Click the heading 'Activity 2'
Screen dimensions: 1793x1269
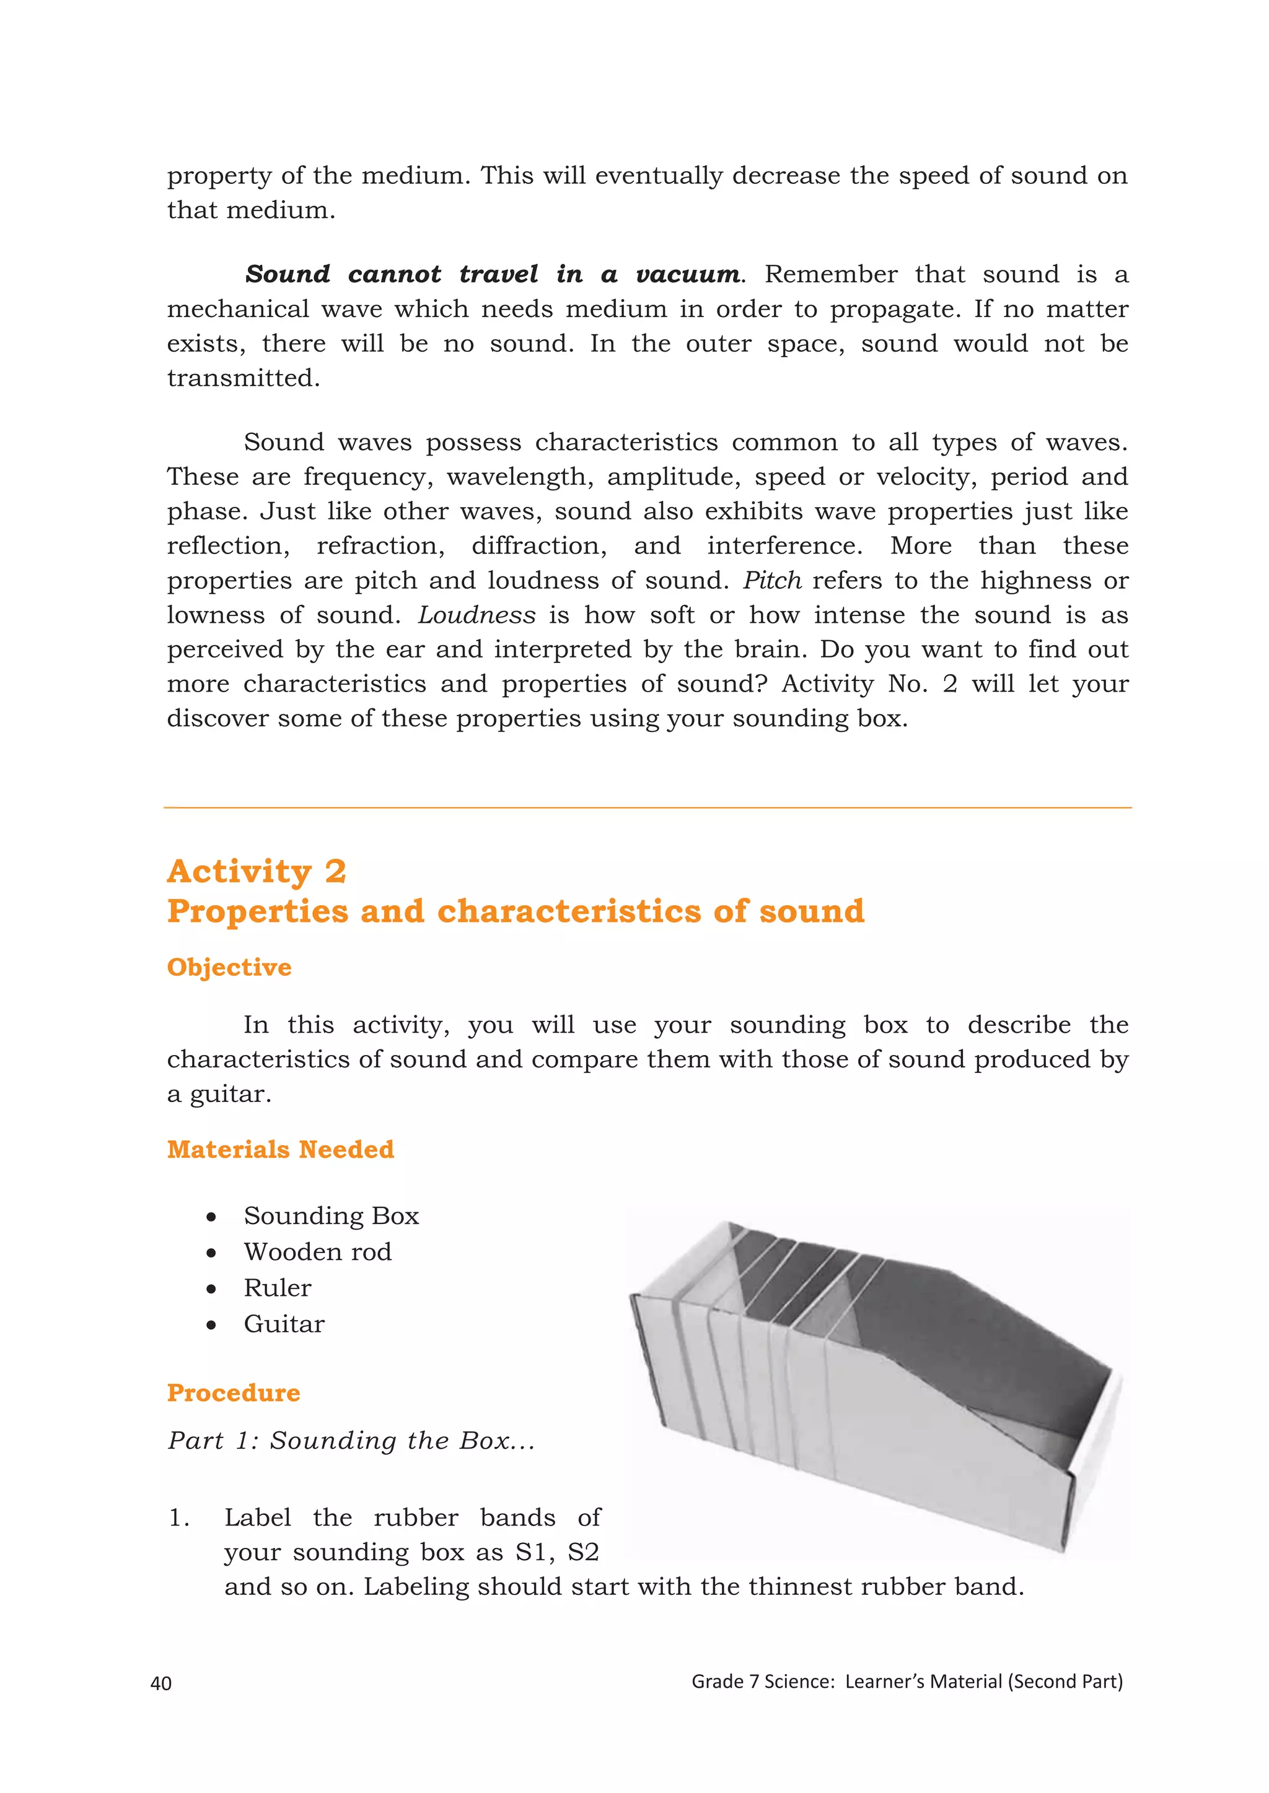(257, 872)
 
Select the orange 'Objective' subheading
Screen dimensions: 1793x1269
(229, 967)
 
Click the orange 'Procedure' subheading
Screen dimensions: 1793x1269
(234, 1392)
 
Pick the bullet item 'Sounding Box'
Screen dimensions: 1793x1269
(332, 1216)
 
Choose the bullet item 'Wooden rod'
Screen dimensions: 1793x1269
(317, 1252)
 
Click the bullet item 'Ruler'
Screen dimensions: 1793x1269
(278, 1288)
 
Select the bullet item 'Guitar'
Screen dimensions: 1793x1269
(284, 1324)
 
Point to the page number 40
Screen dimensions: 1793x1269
(161, 1683)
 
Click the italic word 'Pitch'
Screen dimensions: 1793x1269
(772, 580)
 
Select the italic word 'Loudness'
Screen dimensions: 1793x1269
(476, 615)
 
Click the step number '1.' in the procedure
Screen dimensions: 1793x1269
(179, 1517)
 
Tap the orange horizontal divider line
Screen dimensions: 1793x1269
(647, 807)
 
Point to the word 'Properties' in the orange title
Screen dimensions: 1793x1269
(257, 911)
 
